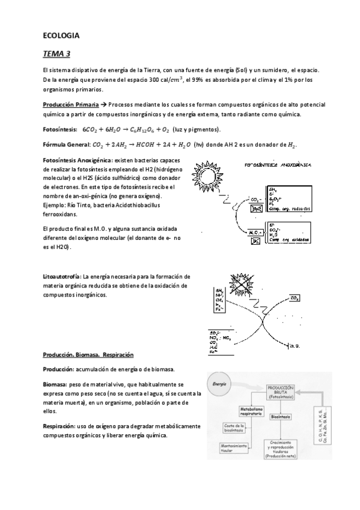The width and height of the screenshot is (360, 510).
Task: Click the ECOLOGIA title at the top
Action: coord(61,35)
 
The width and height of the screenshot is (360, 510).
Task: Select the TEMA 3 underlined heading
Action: coord(56,54)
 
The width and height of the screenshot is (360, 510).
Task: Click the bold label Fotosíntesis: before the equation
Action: coord(59,129)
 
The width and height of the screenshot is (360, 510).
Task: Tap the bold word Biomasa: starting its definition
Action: coord(55,383)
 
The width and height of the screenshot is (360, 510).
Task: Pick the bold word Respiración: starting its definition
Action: coord(59,426)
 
